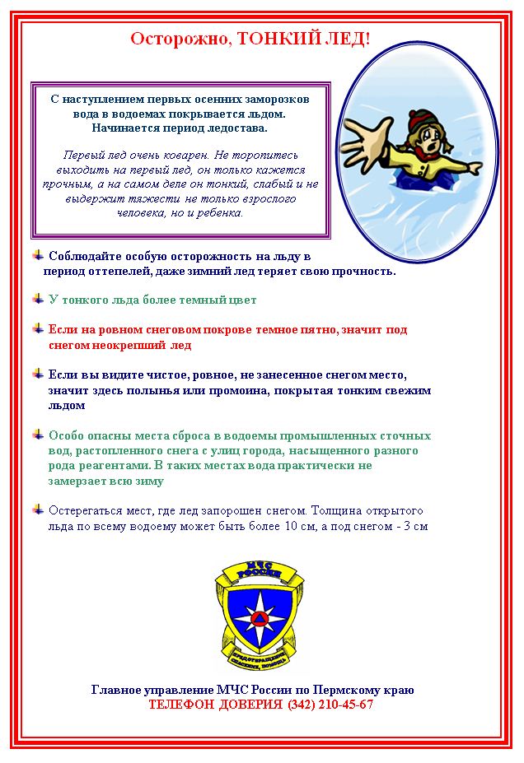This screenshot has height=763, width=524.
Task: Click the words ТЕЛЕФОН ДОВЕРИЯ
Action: click(216, 705)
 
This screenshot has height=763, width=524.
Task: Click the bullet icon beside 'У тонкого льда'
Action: click(38, 299)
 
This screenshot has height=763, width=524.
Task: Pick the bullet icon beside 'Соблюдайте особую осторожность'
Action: click(38, 255)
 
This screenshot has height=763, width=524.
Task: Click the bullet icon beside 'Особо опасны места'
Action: click(38, 435)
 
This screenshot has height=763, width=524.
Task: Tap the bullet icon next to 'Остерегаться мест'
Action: click(38, 509)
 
